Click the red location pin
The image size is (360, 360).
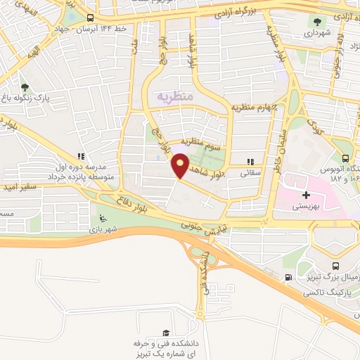click(180, 166)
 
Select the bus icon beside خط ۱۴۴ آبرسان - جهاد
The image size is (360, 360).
click(90, 18)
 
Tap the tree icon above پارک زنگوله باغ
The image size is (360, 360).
click(25, 86)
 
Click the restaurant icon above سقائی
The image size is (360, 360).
click(251, 162)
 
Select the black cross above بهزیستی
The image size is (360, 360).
click(305, 194)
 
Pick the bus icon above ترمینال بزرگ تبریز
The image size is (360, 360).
click(335, 266)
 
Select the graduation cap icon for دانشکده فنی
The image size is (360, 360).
click(166, 333)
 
